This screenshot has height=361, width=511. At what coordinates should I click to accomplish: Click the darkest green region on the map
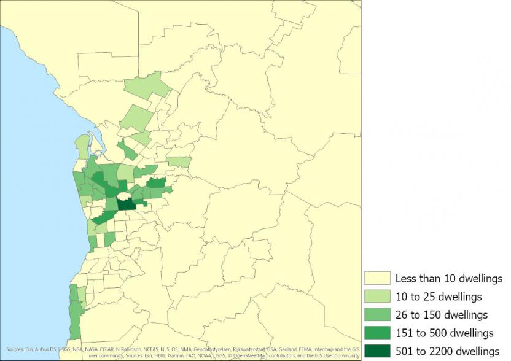[x=127, y=202]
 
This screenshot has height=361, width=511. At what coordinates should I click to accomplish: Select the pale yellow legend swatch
[x=376, y=279]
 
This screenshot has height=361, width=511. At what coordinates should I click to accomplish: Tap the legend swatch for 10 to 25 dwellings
[x=376, y=297]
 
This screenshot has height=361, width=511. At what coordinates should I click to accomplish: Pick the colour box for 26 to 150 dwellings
[x=376, y=315]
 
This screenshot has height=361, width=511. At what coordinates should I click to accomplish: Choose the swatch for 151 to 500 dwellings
[x=376, y=333]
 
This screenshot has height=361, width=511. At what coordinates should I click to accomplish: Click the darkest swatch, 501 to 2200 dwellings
[x=376, y=351]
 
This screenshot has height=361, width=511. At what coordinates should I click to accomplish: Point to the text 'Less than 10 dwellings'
[x=448, y=279]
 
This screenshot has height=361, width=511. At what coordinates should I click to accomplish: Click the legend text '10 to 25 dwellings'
[x=439, y=297]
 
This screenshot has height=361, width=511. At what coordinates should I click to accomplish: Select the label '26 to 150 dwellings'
[x=441, y=315]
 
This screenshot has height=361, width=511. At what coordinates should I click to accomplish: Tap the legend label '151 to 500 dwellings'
[x=444, y=333]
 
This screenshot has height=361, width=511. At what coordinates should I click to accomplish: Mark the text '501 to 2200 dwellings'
[x=447, y=351]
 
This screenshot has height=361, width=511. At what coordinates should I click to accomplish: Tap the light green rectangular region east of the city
[x=179, y=161]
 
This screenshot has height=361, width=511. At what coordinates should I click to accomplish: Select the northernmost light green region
[x=147, y=86]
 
